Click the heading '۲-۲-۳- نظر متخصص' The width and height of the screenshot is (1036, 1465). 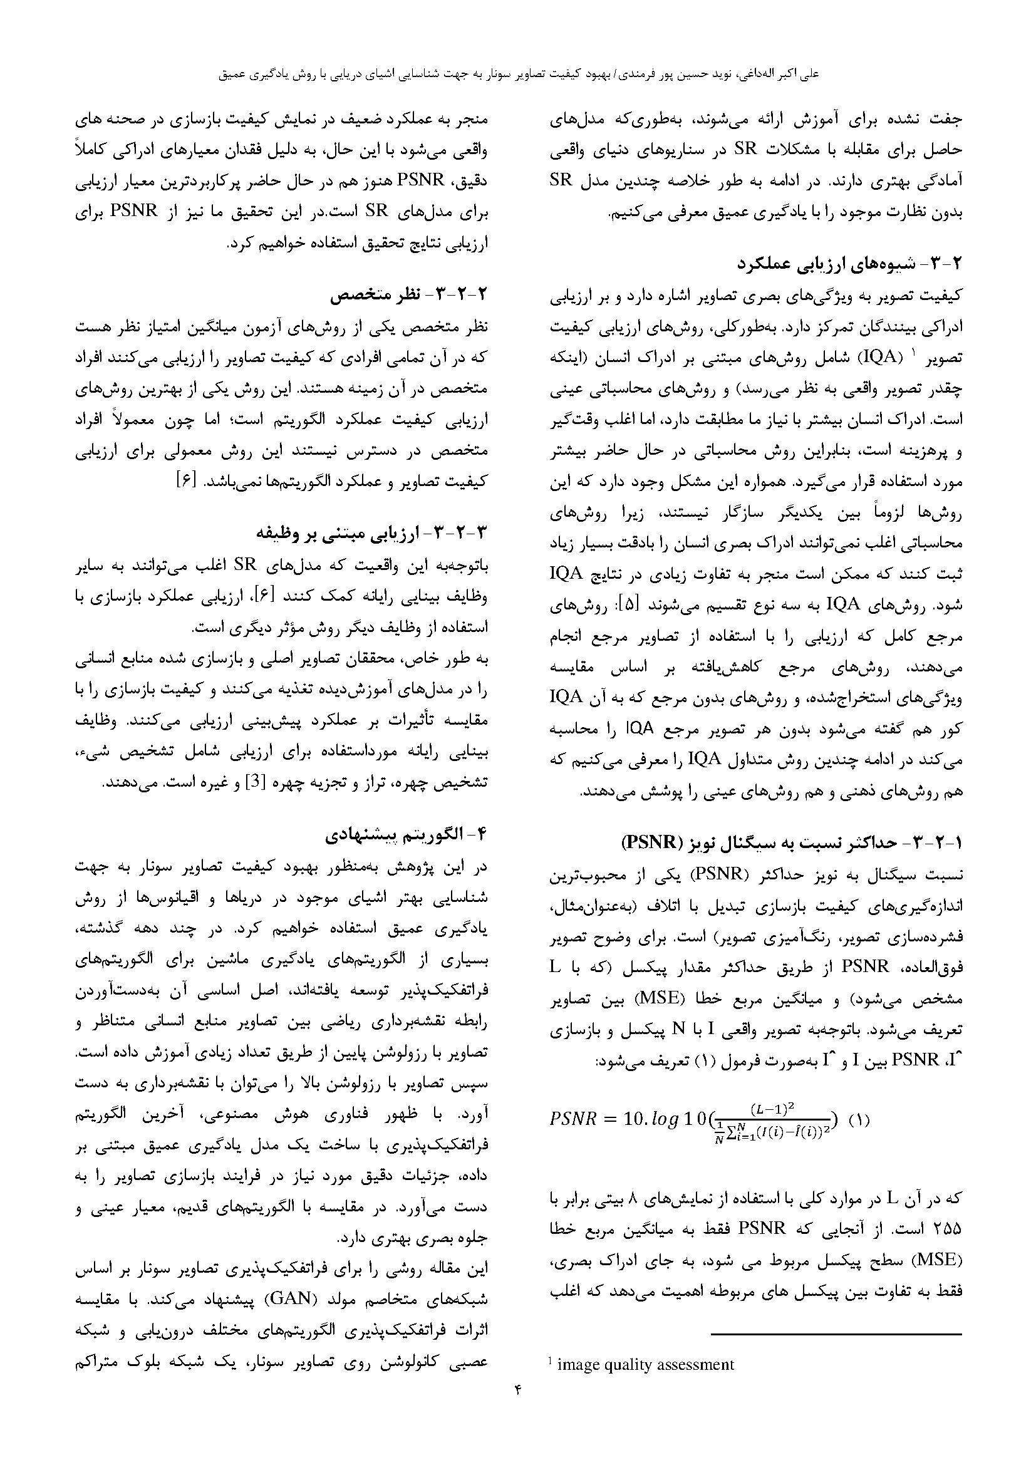coord(409,296)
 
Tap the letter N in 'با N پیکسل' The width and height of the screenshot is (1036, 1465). coord(679,1029)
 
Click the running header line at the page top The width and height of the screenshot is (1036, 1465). coord(518,74)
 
